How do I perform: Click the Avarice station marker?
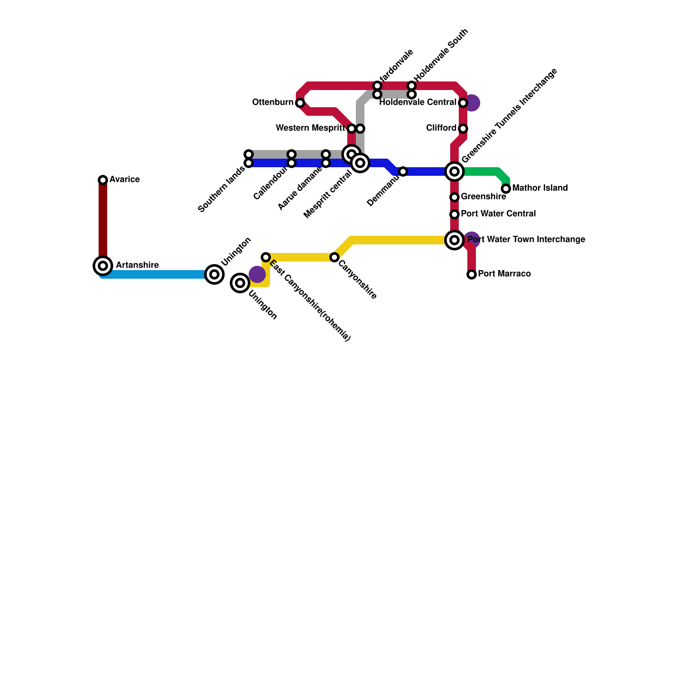pos(103,180)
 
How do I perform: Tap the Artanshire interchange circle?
pos(103,266)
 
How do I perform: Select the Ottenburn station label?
pos(273,102)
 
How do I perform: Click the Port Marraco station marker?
pos(472,274)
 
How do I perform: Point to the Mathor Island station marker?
pos(506,189)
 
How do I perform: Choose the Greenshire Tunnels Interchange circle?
pos(454,171)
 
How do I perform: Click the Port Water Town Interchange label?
pos(526,240)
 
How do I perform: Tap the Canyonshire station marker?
pos(334,257)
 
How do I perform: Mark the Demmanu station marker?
pos(403,171)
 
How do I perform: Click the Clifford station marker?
pos(463,129)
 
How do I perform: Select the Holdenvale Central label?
pos(418,102)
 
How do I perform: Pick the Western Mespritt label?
pos(310,128)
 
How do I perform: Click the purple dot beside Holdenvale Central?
pos(472,103)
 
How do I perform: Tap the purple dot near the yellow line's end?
pos(257,274)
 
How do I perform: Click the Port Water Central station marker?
pos(454,214)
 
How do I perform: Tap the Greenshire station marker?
pos(454,197)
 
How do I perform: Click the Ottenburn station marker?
pos(300,103)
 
